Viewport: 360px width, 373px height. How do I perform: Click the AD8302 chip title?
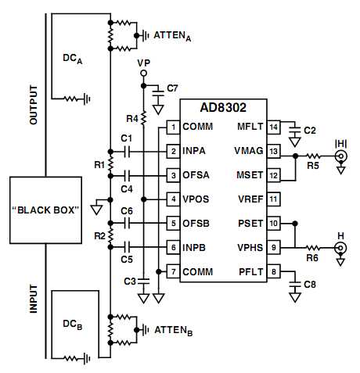point(223,107)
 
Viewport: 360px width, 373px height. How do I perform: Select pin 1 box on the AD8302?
point(173,127)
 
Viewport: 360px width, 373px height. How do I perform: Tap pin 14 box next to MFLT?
point(273,127)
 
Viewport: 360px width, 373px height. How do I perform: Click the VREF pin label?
point(250,199)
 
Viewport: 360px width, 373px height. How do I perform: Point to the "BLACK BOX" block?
point(45,210)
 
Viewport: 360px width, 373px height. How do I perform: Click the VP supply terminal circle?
point(143,74)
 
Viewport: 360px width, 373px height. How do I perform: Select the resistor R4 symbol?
point(143,118)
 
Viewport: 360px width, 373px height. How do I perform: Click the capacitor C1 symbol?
point(128,152)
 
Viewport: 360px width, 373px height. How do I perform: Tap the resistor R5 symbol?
point(313,156)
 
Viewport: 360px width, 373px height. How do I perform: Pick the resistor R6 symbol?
point(312,248)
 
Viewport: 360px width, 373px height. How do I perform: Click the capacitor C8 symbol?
point(295,284)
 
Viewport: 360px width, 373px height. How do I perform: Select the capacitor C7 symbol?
point(158,93)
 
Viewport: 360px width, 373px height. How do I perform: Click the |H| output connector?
point(341,156)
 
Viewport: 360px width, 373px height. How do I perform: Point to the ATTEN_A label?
point(172,36)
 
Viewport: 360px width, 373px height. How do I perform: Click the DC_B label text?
point(73,325)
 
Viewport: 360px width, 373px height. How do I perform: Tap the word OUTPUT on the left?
point(34,105)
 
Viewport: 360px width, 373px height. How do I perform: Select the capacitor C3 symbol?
point(143,282)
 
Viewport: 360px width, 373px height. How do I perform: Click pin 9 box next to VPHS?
point(273,247)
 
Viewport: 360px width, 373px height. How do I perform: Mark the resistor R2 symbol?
point(110,235)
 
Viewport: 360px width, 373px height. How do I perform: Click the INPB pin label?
point(194,247)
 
